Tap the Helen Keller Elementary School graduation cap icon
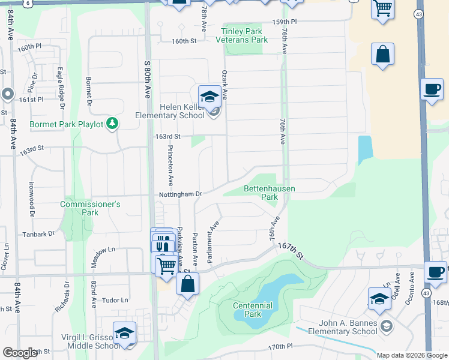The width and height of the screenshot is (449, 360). [209, 97]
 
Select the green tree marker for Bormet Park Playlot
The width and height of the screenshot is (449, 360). [112, 124]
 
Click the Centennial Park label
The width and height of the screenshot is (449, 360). [253, 310]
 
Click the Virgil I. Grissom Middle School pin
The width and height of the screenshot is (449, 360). [124, 333]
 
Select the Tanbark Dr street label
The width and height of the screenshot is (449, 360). [38, 234]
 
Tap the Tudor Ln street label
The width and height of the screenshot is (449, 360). [116, 300]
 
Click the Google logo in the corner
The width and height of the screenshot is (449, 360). [20, 353]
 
